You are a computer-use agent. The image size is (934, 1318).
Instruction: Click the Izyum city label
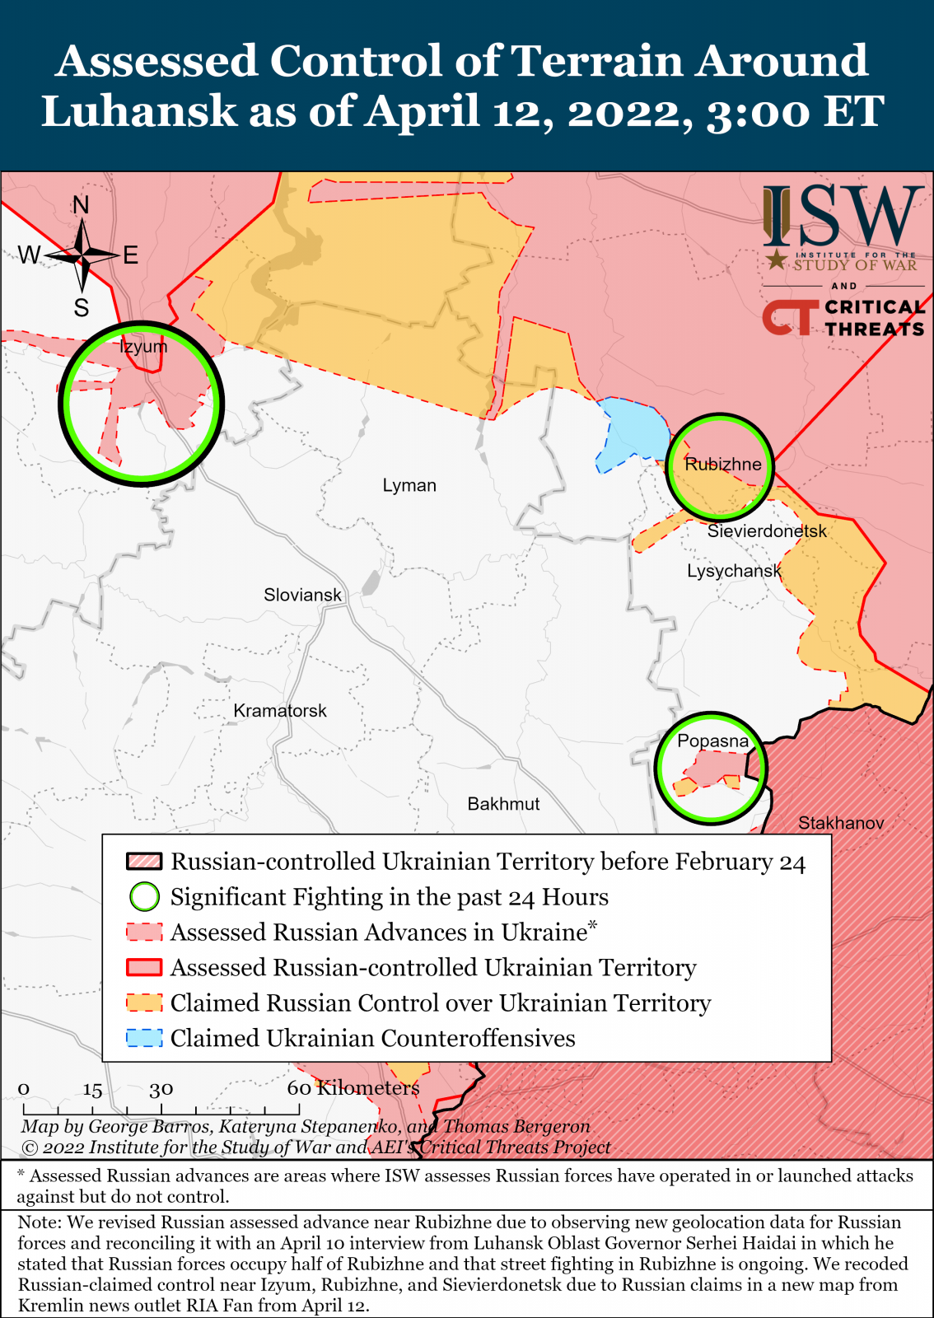[x=143, y=347]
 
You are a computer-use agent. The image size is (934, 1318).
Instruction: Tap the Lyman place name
[x=409, y=485]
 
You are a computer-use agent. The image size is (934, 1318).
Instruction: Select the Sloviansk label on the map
[x=302, y=595]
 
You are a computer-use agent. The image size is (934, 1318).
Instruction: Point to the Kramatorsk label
[x=280, y=711]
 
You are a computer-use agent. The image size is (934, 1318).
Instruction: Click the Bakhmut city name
[x=503, y=804]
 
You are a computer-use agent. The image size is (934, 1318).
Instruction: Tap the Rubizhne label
[x=723, y=465]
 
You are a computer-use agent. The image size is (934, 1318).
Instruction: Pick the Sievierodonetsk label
[x=767, y=531]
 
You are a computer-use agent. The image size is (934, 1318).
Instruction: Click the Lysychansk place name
[x=734, y=571]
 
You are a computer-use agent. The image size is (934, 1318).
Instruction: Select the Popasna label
[x=712, y=741]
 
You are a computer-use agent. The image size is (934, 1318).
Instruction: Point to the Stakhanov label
[x=841, y=823]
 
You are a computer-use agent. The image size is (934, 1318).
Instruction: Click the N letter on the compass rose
[x=81, y=205]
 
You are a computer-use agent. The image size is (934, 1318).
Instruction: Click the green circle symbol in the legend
[x=144, y=896]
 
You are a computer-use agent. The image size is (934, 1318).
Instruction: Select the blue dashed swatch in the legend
[x=144, y=1038]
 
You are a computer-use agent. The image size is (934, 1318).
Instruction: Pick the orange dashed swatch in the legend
[x=144, y=1003]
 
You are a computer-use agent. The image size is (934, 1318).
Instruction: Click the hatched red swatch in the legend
[x=144, y=862]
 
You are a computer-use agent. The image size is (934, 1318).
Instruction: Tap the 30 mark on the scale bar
[x=161, y=1089]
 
